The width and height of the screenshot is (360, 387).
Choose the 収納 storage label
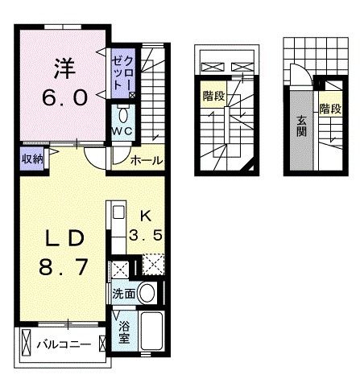click(32, 158)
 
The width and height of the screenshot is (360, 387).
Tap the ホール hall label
click(146, 160)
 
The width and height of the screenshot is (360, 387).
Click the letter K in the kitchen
click(146, 215)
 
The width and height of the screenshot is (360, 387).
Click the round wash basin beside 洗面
click(147, 293)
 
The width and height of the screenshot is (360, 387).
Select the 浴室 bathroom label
click(124, 332)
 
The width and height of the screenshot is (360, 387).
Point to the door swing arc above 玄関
click(297, 76)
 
